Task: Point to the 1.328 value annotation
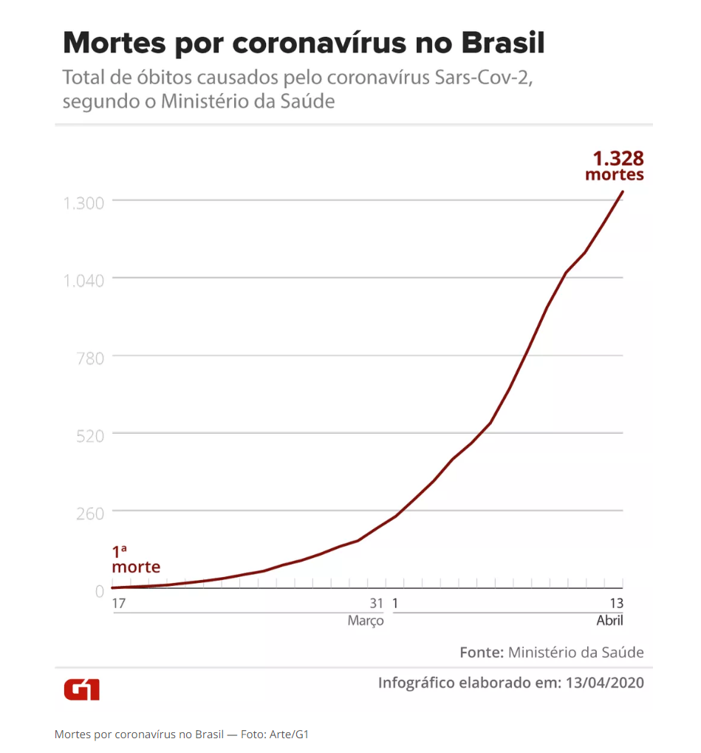tap(618, 158)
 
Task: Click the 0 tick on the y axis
tap(99, 590)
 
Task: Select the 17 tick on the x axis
tap(119, 603)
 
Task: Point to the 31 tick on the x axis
tap(377, 603)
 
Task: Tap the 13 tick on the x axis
tap(616, 603)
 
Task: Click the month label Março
tap(366, 621)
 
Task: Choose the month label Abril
tap(609, 621)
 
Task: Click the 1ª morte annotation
tap(135, 560)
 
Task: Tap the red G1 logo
tap(81, 689)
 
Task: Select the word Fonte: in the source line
tap(482, 653)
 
